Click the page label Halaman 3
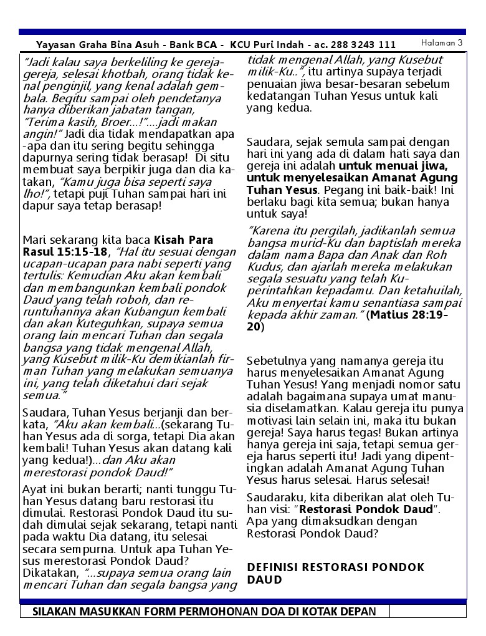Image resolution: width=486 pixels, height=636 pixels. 442,42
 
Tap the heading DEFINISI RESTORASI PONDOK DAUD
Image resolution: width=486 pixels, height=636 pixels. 335,573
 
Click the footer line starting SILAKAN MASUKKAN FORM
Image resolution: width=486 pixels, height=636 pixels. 204,610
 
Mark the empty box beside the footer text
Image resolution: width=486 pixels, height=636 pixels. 428,610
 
